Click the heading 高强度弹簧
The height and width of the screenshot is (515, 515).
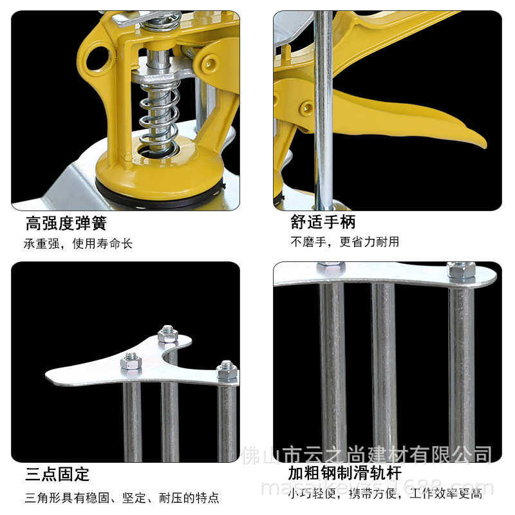[x=66, y=223]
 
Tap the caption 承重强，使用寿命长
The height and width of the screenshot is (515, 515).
[x=78, y=244]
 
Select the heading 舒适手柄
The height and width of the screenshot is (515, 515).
[x=323, y=222]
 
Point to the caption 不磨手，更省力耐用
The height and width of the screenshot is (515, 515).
[x=344, y=242]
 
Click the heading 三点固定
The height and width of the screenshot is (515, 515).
[x=57, y=475]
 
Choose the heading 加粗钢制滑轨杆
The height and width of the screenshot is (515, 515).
[x=344, y=474]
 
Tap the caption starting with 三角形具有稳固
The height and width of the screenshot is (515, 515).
[x=122, y=497]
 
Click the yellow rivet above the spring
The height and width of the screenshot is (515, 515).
[x=210, y=62]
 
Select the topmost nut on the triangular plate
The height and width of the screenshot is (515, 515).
[x=167, y=333]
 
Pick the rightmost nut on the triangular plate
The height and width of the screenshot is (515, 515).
[x=227, y=370]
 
